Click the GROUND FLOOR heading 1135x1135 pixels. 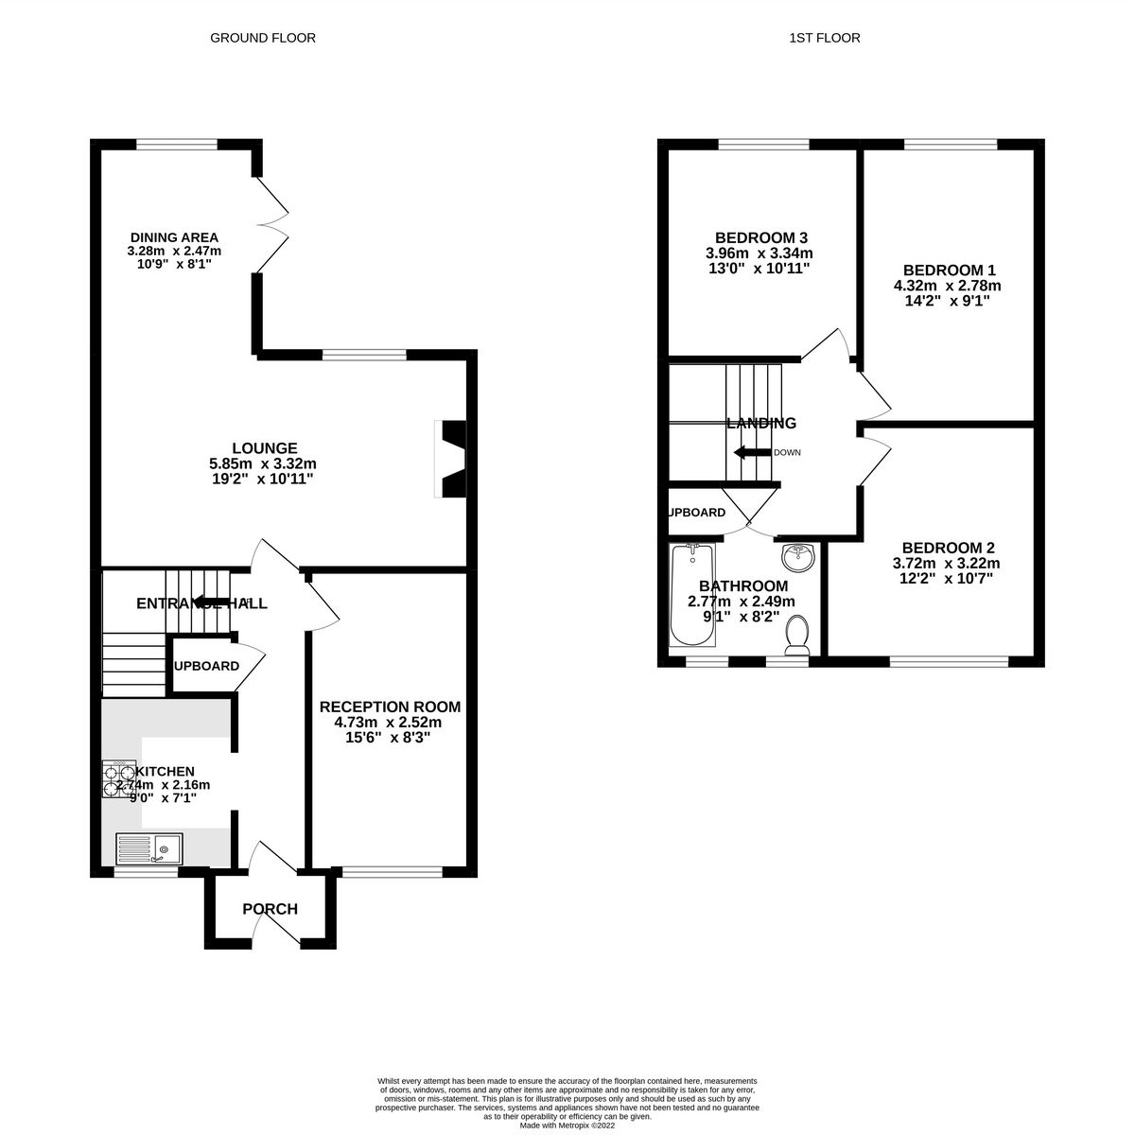click(262, 38)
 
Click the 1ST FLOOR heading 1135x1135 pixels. click(824, 38)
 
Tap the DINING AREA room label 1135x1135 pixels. click(174, 237)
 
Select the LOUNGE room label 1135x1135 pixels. click(265, 448)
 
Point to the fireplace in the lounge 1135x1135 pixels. click(449, 458)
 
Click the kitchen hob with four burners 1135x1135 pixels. click(119, 780)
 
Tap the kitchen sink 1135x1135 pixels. click(151, 847)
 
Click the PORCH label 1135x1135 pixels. click(270, 910)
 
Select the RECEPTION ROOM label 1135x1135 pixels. click(390, 707)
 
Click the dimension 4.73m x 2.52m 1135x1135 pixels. click(389, 723)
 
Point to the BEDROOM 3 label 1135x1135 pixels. click(760, 237)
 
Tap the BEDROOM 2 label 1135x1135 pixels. click(948, 548)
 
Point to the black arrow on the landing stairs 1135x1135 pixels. click(752, 452)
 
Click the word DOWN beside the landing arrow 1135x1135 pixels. click(787, 453)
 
